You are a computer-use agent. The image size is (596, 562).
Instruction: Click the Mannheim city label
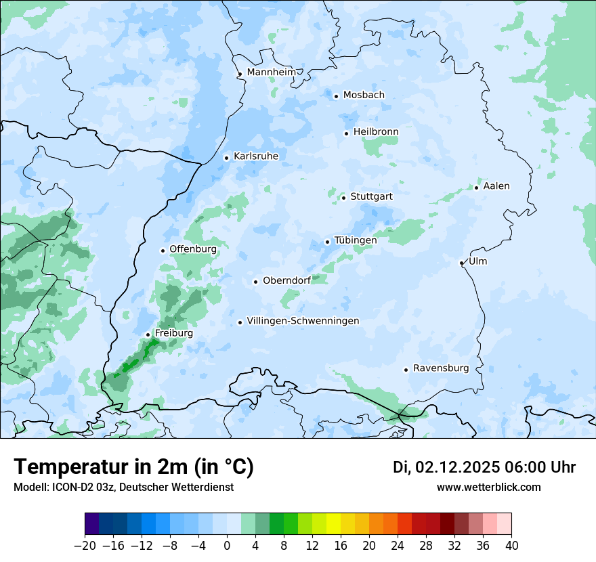coord(272,72)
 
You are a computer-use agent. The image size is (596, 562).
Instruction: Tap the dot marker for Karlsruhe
coord(227,158)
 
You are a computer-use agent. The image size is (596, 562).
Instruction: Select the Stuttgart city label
coord(372,196)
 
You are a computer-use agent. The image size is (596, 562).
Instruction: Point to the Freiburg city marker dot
coord(148,334)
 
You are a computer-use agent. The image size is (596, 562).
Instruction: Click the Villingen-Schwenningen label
coord(303,321)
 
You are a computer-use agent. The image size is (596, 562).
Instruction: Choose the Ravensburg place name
coord(441,368)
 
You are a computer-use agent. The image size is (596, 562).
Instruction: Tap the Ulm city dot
coord(461,263)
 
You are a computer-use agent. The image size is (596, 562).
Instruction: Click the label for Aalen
coord(496,186)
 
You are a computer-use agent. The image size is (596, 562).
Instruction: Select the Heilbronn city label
coord(376,131)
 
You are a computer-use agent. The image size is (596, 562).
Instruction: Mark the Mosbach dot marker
coord(336,96)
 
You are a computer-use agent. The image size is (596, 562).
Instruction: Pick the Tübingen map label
coord(356,240)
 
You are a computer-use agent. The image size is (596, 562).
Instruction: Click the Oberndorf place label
coord(286,280)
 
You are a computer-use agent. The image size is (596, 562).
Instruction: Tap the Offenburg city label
coord(193,249)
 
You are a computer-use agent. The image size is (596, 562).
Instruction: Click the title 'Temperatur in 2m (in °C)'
coord(134,467)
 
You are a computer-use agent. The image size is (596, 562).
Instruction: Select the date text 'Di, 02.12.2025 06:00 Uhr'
coord(484,467)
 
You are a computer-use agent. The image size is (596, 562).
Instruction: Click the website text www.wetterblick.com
coord(488,487)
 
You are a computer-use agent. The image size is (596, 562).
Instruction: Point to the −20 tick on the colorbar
coord(85,546)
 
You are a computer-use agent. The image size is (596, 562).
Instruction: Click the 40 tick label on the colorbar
coord(511,546)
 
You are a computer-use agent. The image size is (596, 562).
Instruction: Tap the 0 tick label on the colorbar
coord(227,546)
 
